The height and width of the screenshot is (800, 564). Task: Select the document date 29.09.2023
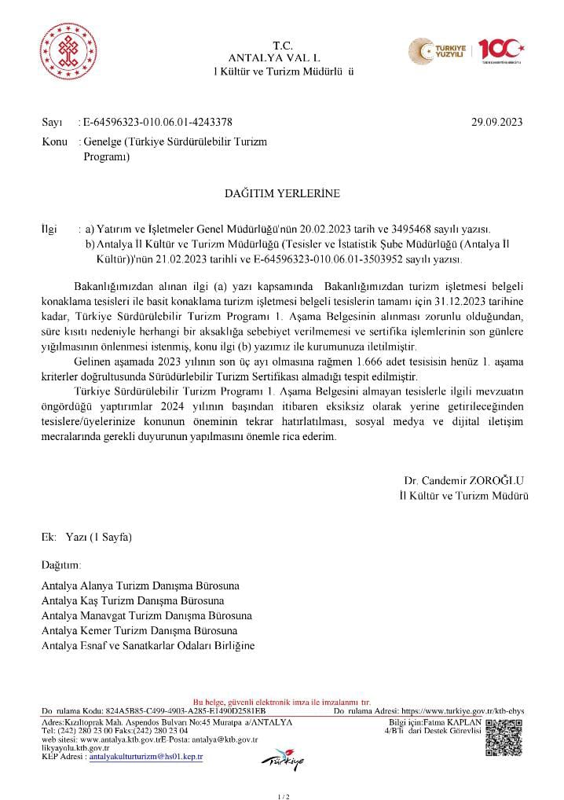[496, 122]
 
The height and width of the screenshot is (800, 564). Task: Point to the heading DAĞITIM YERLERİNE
[283, 191]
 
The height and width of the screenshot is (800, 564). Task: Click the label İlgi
[49, 229]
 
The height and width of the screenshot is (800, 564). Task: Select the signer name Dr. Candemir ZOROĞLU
[463, 480]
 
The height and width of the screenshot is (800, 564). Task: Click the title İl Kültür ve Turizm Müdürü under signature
[463, 496]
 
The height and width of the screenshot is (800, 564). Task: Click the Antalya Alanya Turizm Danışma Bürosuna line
[141, 585]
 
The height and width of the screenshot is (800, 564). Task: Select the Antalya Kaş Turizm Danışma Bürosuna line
[133, 600]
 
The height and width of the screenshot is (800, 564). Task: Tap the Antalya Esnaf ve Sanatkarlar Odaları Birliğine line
[148, 645]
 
